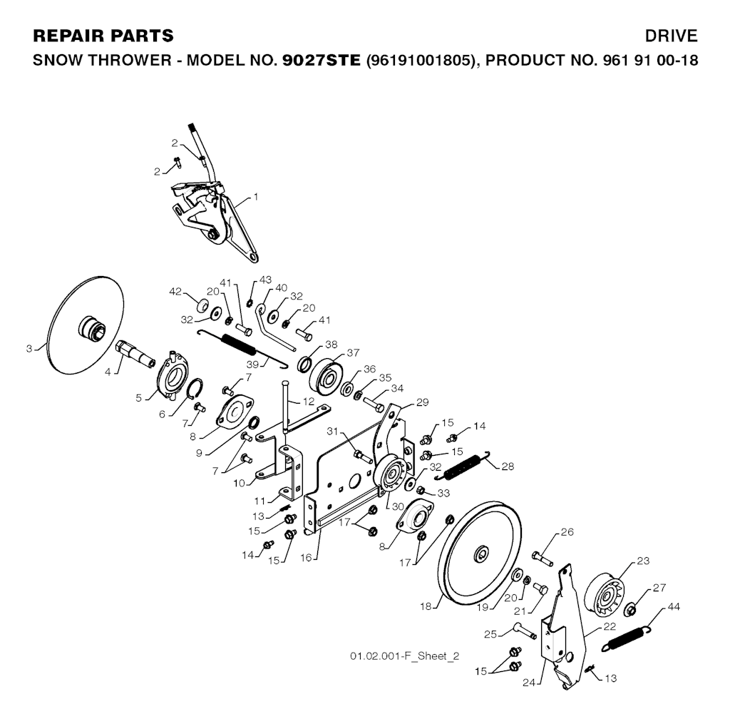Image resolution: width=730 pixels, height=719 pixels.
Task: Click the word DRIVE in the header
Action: (671, 36)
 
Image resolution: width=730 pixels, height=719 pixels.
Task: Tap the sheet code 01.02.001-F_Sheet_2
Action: (404, 656)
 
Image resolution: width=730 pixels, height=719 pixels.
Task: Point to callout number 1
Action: (257, 196)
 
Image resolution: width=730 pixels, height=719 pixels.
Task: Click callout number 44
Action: (672, 607)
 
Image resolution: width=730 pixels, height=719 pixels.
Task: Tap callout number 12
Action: (308, 402)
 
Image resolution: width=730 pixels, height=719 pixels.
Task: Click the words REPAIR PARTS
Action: (103, 36)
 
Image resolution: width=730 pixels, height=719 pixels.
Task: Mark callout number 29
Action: (422, 403)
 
